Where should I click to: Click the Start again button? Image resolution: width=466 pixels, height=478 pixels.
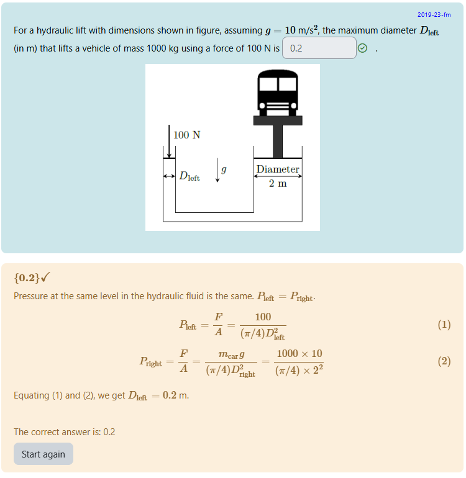point(43,454)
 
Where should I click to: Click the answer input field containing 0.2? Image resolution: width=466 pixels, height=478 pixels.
point(319,48)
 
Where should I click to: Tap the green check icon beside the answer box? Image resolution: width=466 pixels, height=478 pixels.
point(363,48)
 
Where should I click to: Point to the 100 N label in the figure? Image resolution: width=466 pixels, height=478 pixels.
point(186,135)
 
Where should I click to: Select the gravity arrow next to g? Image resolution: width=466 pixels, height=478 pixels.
point(217,171)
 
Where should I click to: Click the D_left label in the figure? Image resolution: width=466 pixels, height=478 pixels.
point(190,176)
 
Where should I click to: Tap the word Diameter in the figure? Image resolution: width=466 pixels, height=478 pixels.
point(278,169)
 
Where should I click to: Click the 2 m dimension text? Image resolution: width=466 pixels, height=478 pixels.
point(278,184)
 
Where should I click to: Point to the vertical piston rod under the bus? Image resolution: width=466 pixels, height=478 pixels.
point(277,141)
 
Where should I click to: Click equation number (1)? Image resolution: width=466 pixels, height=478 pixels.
point(444,325)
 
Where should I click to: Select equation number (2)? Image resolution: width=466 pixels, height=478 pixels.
point(444,362)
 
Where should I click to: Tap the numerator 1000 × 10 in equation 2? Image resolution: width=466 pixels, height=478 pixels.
point(299,354)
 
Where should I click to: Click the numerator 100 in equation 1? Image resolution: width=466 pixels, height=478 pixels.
point(263,317)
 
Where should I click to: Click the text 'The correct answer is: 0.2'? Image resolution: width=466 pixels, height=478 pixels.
point(65,432)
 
